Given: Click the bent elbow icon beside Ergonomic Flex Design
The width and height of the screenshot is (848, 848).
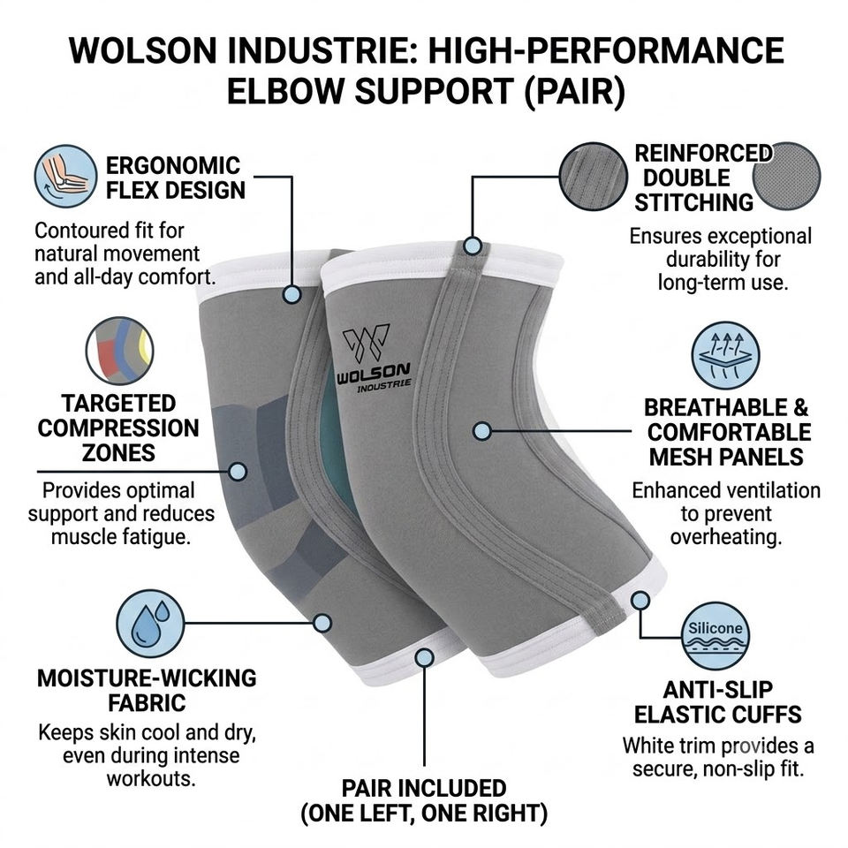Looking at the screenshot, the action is tap(65, 176).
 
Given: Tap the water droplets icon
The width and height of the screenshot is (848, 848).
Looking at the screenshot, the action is tap(150, 623).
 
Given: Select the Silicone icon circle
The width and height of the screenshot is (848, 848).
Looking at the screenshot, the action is tap(715, 635).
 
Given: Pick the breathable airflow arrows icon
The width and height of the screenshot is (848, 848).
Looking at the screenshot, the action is tap(725, 355).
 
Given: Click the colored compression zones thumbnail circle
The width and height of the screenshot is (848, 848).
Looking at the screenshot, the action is tap(119, 351).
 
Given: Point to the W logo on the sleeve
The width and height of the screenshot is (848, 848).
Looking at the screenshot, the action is tap(366, 343).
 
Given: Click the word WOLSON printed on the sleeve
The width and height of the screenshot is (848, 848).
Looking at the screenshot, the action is tap(373, 373).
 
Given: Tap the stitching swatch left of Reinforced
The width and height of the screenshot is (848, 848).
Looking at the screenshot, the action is tap(593, 177).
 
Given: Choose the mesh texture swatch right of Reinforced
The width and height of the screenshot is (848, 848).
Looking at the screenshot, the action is tap(787, 177).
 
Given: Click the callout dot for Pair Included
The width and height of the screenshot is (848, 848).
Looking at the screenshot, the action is tap(425, 657).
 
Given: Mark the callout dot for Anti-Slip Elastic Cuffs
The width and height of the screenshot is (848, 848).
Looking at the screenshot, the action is tap(640, 600).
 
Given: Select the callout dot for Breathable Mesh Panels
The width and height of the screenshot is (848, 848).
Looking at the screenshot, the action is tap(482, 431).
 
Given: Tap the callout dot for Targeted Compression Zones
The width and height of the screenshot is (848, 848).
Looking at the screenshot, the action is tap(238, 471).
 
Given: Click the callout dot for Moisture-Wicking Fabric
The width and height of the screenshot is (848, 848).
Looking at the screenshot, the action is tap(322, 623).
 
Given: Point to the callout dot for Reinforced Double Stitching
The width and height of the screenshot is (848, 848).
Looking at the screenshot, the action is tap(473, 246).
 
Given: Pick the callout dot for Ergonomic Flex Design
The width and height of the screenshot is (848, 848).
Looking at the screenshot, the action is tap(291, 294).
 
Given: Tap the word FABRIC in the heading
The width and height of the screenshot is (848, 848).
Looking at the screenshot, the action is tap(147, 703).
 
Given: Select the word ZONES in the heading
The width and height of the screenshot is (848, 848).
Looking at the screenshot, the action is tap(118, 452).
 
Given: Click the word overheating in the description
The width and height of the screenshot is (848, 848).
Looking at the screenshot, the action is tap(726, 537).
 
